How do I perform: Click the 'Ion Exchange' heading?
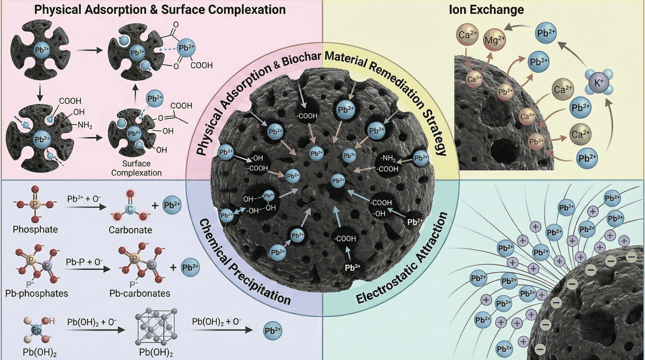486,10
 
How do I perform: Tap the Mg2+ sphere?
494,39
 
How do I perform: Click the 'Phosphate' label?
35,229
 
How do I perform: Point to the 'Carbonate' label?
130,230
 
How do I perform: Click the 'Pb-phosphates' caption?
37,293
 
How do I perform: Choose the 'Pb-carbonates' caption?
140,293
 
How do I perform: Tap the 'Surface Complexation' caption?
137,168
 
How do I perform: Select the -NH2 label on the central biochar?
388,159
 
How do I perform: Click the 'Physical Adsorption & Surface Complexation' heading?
160,10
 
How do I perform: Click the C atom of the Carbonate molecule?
130,209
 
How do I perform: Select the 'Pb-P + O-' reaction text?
84,262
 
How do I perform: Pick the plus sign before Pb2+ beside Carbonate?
155,206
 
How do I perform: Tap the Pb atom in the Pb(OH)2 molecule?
37,330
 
